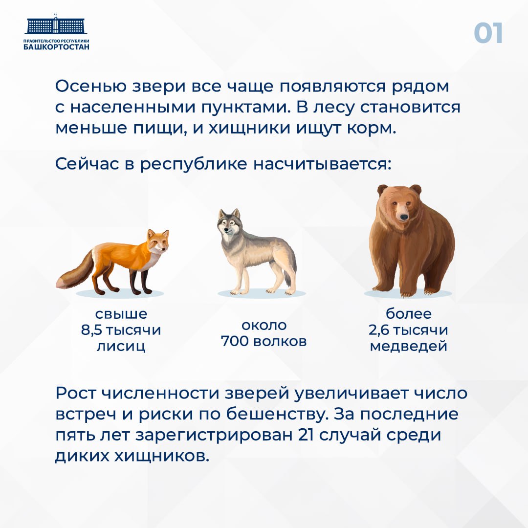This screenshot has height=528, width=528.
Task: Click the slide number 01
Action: pos(488,34)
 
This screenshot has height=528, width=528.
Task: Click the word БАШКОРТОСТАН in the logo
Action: pos(57,47)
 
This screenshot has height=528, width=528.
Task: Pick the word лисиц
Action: pos(121,347)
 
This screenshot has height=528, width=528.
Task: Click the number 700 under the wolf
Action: pos(235,341)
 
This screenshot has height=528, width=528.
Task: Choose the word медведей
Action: pos(408,347)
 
